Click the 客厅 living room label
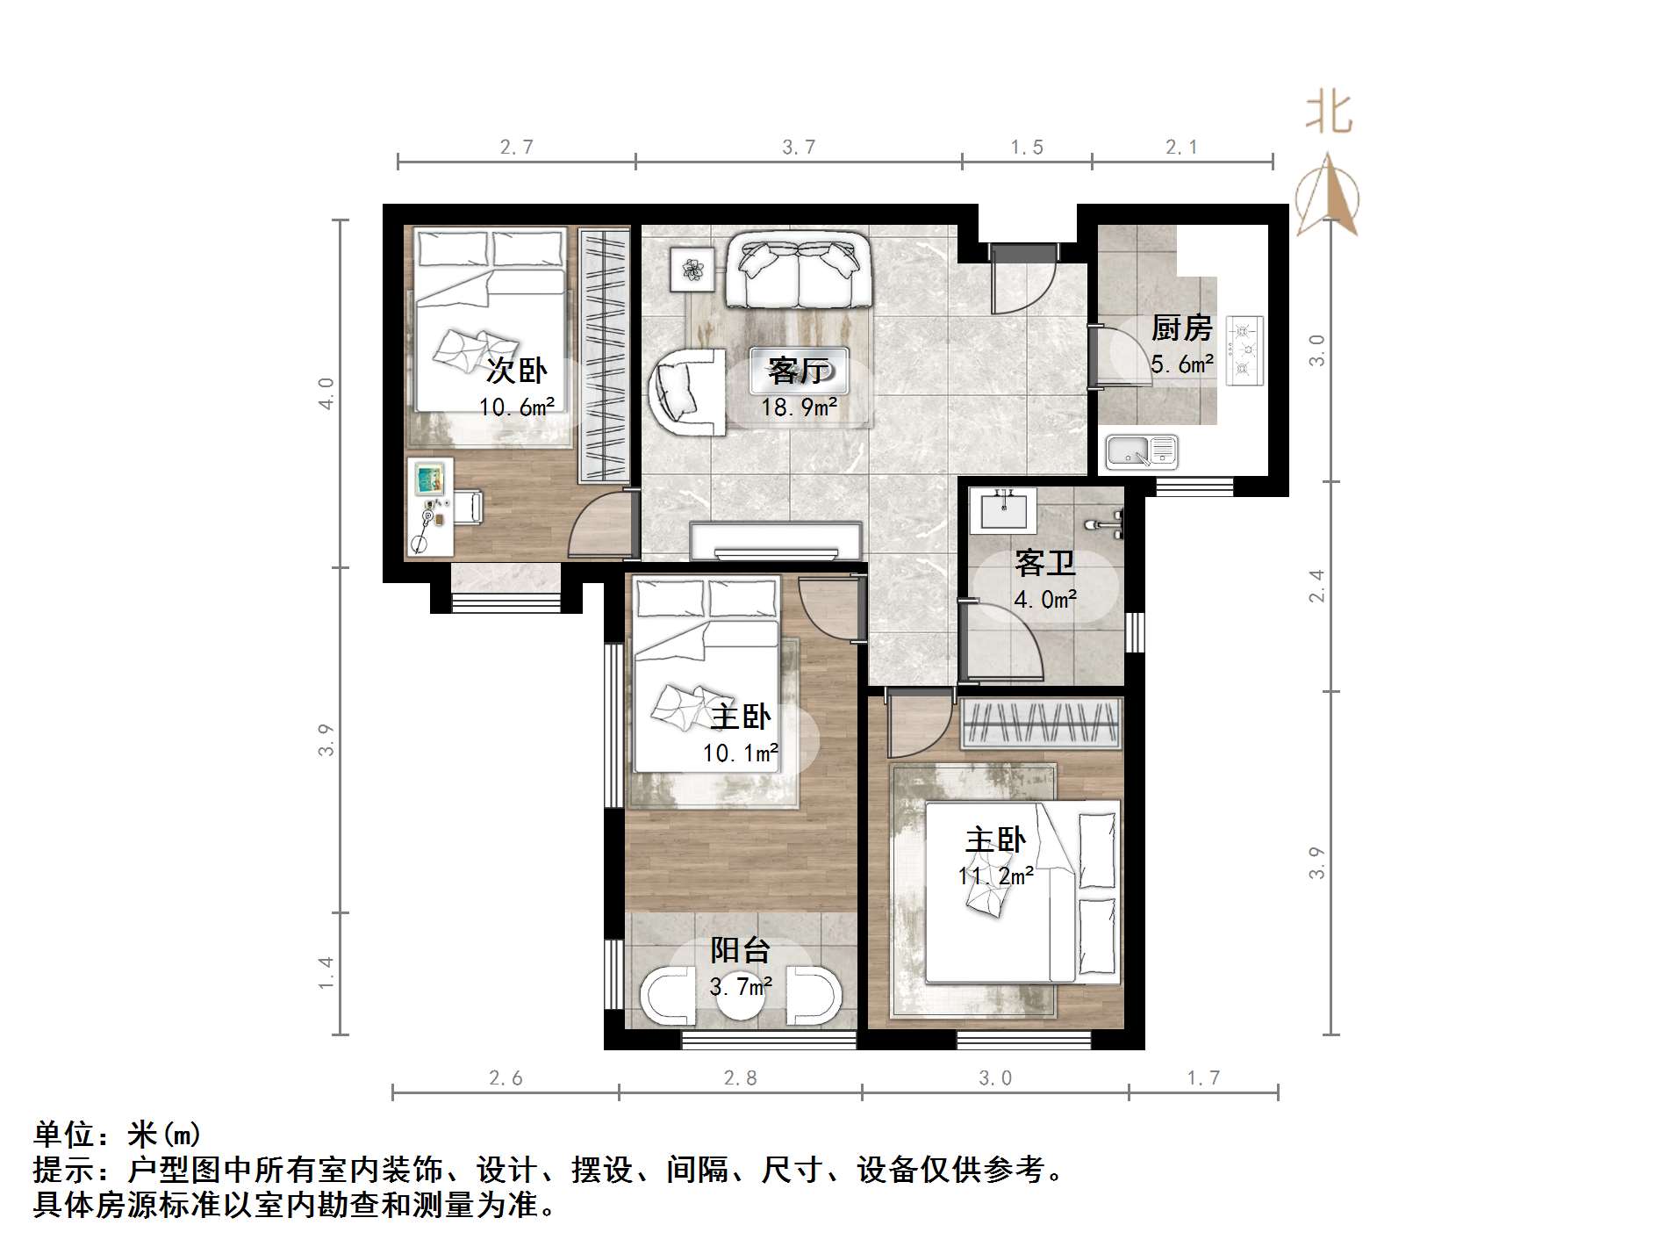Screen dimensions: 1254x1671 click(x=798, y=371)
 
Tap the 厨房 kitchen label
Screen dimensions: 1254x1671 click(x=1181, y=328)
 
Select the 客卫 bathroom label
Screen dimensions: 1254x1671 click(x=1044, y=563)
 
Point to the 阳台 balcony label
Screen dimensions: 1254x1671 click(x=740, y=950)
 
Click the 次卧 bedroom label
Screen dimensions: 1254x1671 click(x=517, y=371)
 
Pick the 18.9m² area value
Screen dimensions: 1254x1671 click(x=799, y=407)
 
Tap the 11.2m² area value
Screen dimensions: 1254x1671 click(x=995, y=876)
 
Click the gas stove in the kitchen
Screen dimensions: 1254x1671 click(x=1244, y=350)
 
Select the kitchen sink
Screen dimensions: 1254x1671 click(x=1141, y=451)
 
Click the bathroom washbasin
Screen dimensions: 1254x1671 click(x=1003, y=509)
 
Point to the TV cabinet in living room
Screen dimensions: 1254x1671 click(x=776, y=540)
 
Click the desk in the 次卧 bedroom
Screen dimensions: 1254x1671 click(x=430, y=507)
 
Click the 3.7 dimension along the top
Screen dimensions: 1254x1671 click(x=799, y=147)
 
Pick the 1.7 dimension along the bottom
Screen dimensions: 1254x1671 click(x=1203, y=1077)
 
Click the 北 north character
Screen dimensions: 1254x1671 click(x=1329, y=114)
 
